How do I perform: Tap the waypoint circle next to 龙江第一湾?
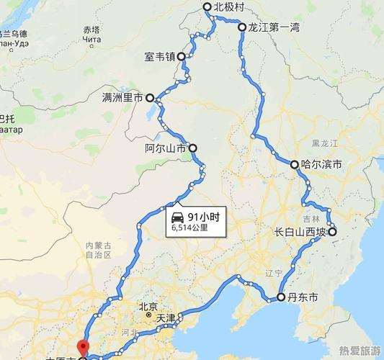[x=242, y=27]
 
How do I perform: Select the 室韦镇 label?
[x=159, y=56]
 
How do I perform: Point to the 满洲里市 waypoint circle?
[x=150, y=97]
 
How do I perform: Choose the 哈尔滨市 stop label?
[x=321, y=165]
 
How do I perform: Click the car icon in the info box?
[x=177, y=217]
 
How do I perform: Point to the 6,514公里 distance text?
[x=190, y=228]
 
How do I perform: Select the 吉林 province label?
[x=311, y=218]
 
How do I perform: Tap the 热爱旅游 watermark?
[x=360, y=350]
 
